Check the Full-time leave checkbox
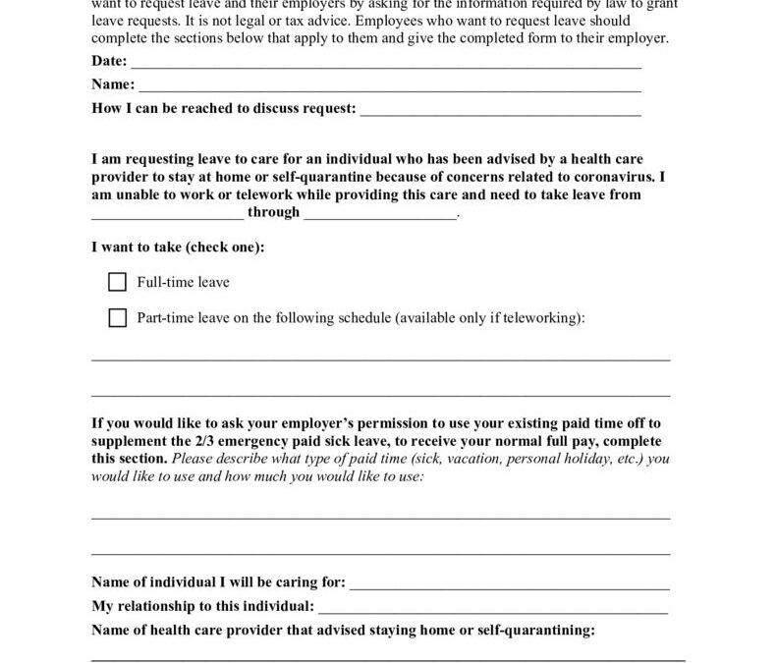[x=118, y=283]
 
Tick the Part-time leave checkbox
[x=118, y=318]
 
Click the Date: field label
[x=109, y=61]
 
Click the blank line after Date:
[x=385, y=63]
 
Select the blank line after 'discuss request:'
[x=501, y=110]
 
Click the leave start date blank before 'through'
[x=167, y=214]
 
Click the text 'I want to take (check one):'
[x=178, y=248]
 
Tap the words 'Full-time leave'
[x=184, y=283]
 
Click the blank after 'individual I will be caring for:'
[x=510, y=584]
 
